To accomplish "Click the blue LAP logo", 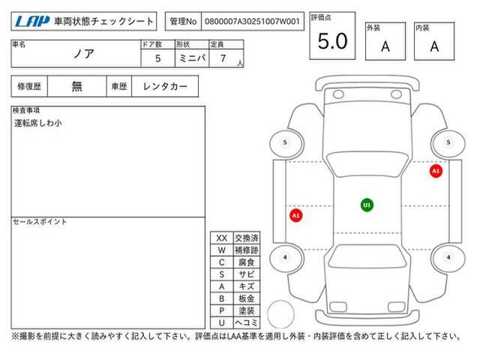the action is pos(31,22).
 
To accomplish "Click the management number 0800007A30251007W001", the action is pos(252,22).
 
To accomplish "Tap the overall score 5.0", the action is pos(332,41).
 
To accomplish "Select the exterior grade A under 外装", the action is pos(385,46).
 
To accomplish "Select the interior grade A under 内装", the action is pos(434,46).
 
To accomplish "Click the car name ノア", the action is pos(83,54).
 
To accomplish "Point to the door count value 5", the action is pos(158,58).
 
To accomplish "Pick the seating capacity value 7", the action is pos(223,58).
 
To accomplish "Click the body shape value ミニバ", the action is pos(192,58).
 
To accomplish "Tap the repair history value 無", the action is pos(76,86).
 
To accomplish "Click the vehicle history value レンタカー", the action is pos(165,86).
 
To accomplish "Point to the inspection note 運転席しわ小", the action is pos(38,123).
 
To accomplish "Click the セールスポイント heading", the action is pos(40,222).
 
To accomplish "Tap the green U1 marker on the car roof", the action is pos(367,205).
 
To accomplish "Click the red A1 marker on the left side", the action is pos(295,215).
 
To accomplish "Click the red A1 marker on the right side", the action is pos(436,171).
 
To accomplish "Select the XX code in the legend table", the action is pos(222,238).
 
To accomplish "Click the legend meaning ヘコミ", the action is pos(247,322).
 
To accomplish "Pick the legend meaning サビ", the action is pos(247,274).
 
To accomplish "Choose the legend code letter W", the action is pos(222,250).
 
